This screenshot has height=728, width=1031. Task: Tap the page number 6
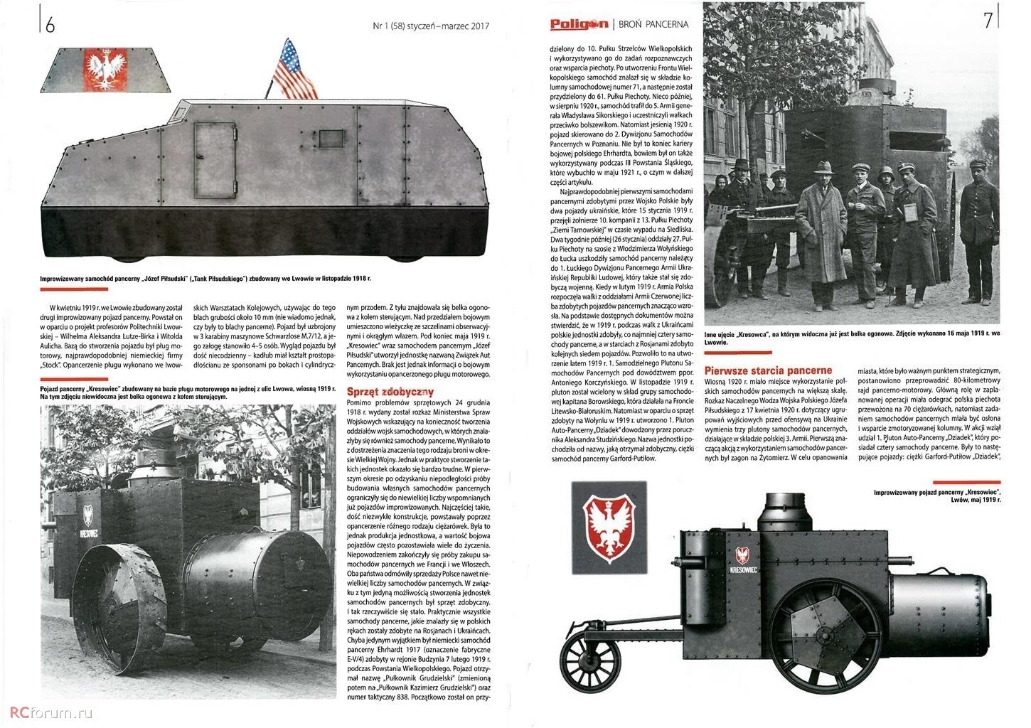[50, 26]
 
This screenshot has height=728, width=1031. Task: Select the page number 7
[988, 21]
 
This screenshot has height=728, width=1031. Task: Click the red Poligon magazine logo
[579, 24]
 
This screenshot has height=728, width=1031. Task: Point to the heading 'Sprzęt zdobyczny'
[390, 392]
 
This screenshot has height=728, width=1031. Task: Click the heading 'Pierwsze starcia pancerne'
[767, 370]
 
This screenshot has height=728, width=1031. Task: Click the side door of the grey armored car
[214, 160]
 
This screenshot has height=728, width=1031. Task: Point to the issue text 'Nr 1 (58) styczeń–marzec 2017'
[431, 26]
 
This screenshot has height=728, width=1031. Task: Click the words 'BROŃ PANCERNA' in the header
[653, 24]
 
